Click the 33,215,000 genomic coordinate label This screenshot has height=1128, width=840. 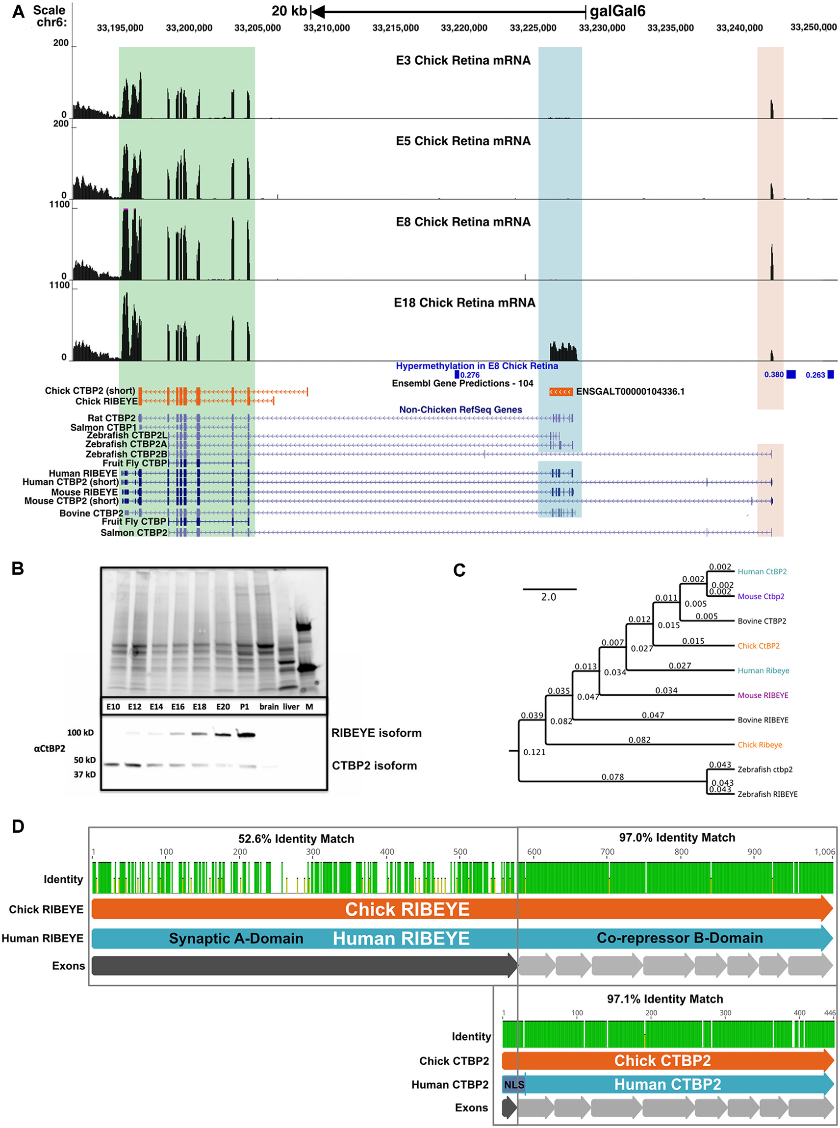point(395,28)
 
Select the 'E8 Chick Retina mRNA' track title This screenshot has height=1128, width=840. point(463,222)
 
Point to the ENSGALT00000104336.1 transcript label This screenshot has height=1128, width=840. point(630,391)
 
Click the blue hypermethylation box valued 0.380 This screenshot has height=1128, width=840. point(790,375)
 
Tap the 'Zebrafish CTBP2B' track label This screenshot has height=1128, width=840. point(126,454)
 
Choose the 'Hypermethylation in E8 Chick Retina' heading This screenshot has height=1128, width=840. point(477,366)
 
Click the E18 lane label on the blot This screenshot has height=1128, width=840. point(199,706)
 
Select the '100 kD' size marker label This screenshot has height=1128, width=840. point(80,733)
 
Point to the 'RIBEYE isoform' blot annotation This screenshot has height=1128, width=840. point(376,733)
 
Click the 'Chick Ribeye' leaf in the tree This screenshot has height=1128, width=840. point(760,744)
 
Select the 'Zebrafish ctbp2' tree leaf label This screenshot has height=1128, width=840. point(765,769)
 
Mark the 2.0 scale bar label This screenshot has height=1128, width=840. point(548,597)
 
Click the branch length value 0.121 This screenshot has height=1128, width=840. point(535,752)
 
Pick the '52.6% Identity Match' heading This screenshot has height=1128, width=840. point(296,839)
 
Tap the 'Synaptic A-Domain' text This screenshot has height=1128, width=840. point(236,938)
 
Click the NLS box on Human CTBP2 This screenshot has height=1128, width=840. point(513,1085)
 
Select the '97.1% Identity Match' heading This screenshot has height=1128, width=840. point(664,999)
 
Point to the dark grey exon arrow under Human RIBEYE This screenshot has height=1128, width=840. point(304,966)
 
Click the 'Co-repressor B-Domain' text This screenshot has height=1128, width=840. point(679,938)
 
